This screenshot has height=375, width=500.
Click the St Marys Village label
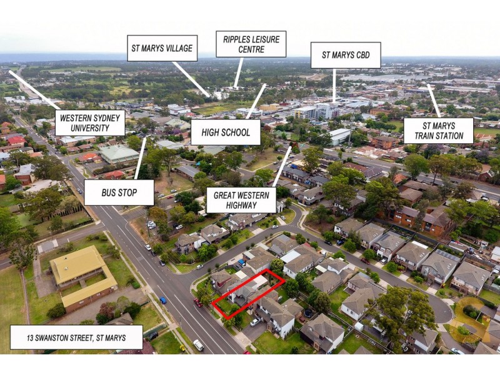pyautogui.click(x=162, y=48)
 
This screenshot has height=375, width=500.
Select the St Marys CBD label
pyautogui.click(x=346, y=55)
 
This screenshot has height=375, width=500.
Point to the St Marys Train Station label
pyautogui.click(x=438, y=130)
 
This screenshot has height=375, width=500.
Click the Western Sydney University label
pyautogui.click(x=90, y=122)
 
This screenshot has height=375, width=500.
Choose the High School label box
pyautogui.click(x=225, y=132)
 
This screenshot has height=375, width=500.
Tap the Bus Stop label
pyautogui.click(x=119, y=192)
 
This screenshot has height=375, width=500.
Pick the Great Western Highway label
pyautogui.click(x=241, y=200)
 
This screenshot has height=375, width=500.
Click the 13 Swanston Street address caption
pyautogui.click(x=76, y=338)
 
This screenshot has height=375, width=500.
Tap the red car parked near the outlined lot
pyautogui.click(x=197, y=302)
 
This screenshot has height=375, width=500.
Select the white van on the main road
pyautogui.click(x=198, y=344)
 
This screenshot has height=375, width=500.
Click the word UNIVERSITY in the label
pyautogui.click(x=90, y=128)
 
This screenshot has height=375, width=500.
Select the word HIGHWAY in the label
pyautogui.click(x=241, y=206)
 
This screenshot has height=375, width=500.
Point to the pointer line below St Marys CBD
pyautogui.click(x=334, y=84)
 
